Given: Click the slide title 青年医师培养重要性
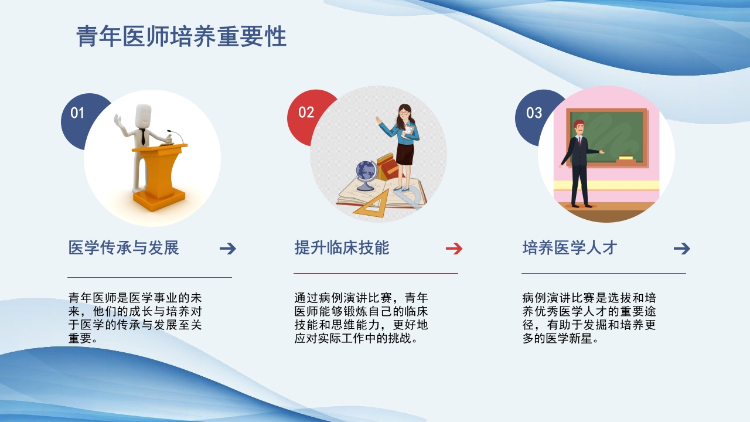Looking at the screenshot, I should [181, 37].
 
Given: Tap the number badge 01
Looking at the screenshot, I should [77, 113].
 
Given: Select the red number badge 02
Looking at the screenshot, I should [306, 113].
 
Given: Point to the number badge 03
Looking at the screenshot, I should [534, 113].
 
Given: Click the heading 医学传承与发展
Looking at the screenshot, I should [124, 248].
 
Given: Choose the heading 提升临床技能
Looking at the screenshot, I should [342, 248].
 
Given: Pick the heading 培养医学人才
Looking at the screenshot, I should [570, 248].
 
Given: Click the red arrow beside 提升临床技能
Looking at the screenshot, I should [454, 249].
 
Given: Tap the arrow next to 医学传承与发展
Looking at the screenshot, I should [227, 249].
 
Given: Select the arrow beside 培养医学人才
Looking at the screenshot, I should [681, 249].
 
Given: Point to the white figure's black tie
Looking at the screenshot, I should [143, 137].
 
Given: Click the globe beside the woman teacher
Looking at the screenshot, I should [366, 172].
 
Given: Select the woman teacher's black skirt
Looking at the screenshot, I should [405, 153].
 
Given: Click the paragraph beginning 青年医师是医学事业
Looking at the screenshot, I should [135, 318].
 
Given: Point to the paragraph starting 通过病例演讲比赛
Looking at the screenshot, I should [361, 318].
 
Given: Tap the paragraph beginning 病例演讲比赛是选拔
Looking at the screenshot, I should [589, 318].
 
